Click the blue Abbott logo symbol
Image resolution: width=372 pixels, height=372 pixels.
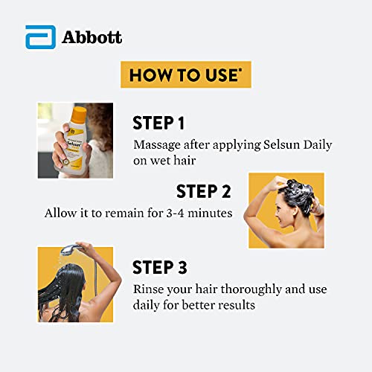coord(37,37)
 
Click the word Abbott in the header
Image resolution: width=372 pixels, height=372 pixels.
coord(92,37)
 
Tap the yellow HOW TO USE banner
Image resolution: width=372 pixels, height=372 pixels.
coord(186,75)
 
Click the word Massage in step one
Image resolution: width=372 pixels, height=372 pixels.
coord(158,144)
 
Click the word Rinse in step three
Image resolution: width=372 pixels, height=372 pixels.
coord(150,289)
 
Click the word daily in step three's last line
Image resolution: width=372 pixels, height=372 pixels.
coord(147,305)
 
